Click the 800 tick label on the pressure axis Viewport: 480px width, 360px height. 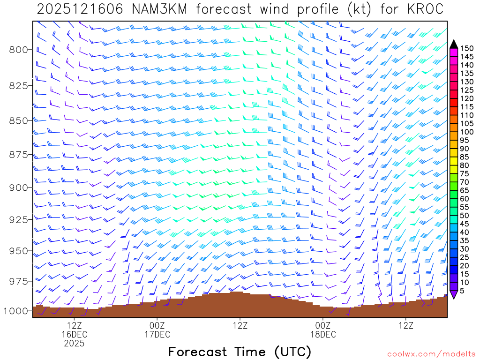pyautogui.click(x=18, y=50)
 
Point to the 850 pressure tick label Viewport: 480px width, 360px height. pyautogui.click(x=18, y=120)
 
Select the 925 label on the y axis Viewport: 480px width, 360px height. pyautogui.click(x=18, y=219)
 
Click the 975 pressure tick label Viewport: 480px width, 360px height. pyautogui.click(x=18, y=281)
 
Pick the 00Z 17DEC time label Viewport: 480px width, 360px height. pyautogui.click(x=157, y=330)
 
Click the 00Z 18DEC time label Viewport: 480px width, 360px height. pyautogui.click(x=323, y=330)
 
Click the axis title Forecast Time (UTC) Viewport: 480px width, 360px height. pyautogui.click(x=240, y=352)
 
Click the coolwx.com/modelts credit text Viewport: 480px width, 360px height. pyautogui.click(x=430, y=354)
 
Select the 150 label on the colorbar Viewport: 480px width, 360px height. pyautogui.click(x=467, y=48)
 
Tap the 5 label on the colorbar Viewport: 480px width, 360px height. pyautogui.click(x=462, y=291)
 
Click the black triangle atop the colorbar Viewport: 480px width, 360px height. pyautogui.click(x=454, y=44)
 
